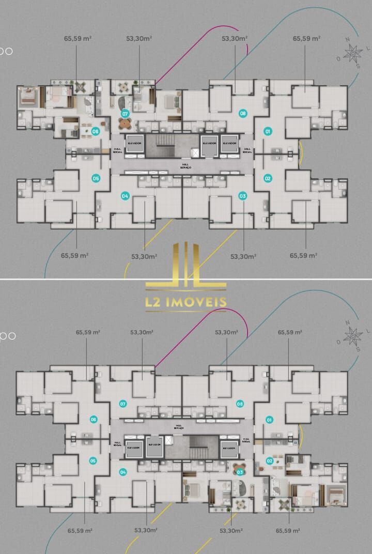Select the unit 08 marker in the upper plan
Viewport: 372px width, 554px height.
(x=242, y=113)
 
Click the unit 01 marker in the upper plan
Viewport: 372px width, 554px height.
(x=268, y=131)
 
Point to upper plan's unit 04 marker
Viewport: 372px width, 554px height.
(x=125, y=196)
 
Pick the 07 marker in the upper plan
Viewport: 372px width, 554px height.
(x=125, y=113)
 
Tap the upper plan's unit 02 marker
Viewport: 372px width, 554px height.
(x=268, y=178)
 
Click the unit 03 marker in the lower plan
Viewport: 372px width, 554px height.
(x=240, y=471)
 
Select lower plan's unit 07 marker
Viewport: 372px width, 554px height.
(x=123, y=404)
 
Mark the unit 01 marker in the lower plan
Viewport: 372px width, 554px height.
(x=268, y=420)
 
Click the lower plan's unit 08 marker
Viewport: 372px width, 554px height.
(x=240, y=404)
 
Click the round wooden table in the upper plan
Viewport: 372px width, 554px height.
(x=125, y=124)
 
